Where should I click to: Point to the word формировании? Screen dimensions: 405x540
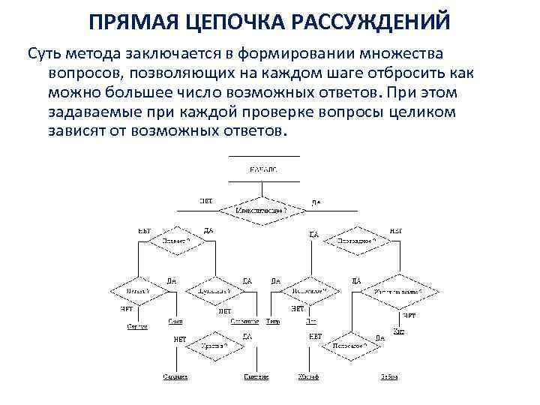pyautogui.click(x=306, y=55)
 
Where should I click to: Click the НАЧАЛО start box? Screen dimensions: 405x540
pyautogui.click(x=262, y=169)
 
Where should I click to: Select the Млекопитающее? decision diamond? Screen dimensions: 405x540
pyautogui.click(x=262, y=211)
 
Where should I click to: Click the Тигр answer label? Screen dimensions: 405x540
pyautogui.click(x=273, y=321)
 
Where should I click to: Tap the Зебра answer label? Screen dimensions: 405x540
pyautogui.click(x=389, y=376)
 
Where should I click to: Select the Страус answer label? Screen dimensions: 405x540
pyautogui.click(x=136, y=326)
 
